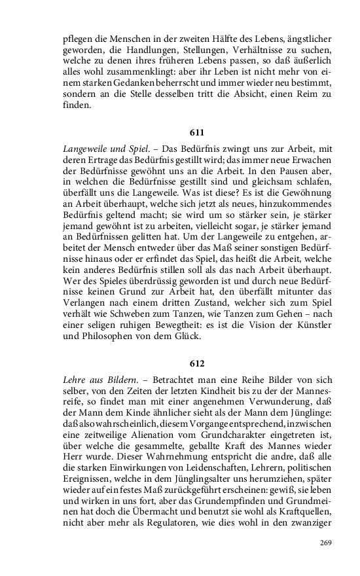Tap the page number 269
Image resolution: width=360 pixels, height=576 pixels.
[x=326, y=543]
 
